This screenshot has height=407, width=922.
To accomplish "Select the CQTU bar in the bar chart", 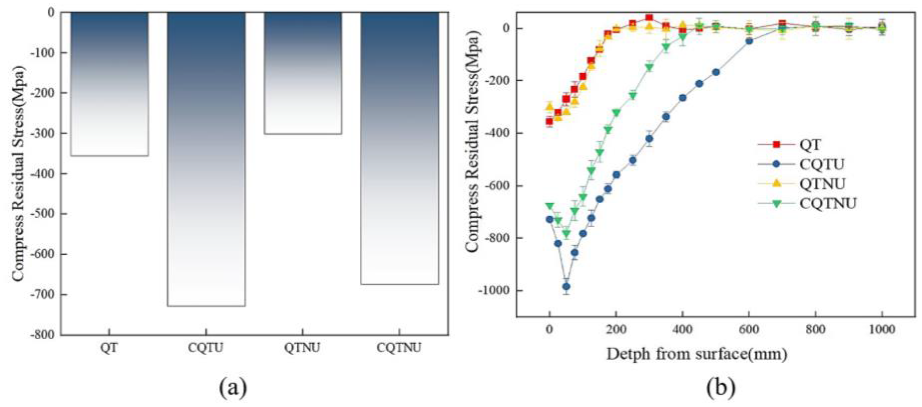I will click(x=206, y=159).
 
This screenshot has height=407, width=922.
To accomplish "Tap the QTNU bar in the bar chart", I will click(x=303, y=73).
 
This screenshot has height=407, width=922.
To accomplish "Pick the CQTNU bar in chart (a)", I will click(x=400, y=149).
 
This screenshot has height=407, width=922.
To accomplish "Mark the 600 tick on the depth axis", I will click(x=749, y=329).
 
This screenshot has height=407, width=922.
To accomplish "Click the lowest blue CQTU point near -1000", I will click(x=566, y=286).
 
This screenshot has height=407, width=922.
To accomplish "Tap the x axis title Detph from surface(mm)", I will click(x=697, y=354).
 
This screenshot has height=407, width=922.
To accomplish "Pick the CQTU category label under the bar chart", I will click(x=206, y=348).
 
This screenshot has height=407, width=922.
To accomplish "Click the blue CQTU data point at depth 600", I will click(x=749, y=41).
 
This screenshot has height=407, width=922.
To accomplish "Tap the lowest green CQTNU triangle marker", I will click(x=566, y=234).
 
